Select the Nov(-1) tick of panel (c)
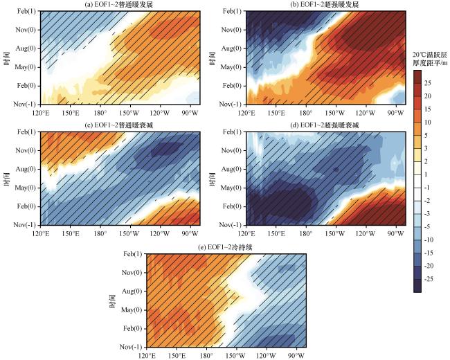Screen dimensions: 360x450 [x=25, y=225]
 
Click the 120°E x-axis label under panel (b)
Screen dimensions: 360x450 [x=248, y=111]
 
